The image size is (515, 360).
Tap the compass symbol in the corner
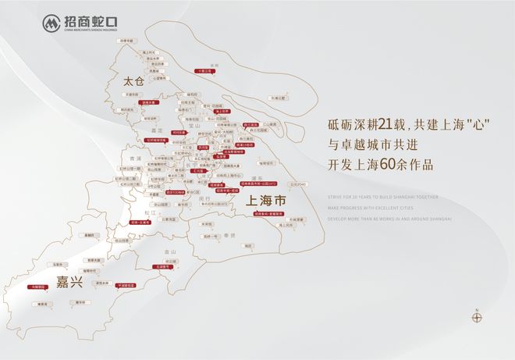(x=478, y=317)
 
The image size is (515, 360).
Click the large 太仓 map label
(x=134, y=80)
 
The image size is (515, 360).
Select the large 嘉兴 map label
(x=69, y=280)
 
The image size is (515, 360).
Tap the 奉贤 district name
(x=229, y=234)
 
